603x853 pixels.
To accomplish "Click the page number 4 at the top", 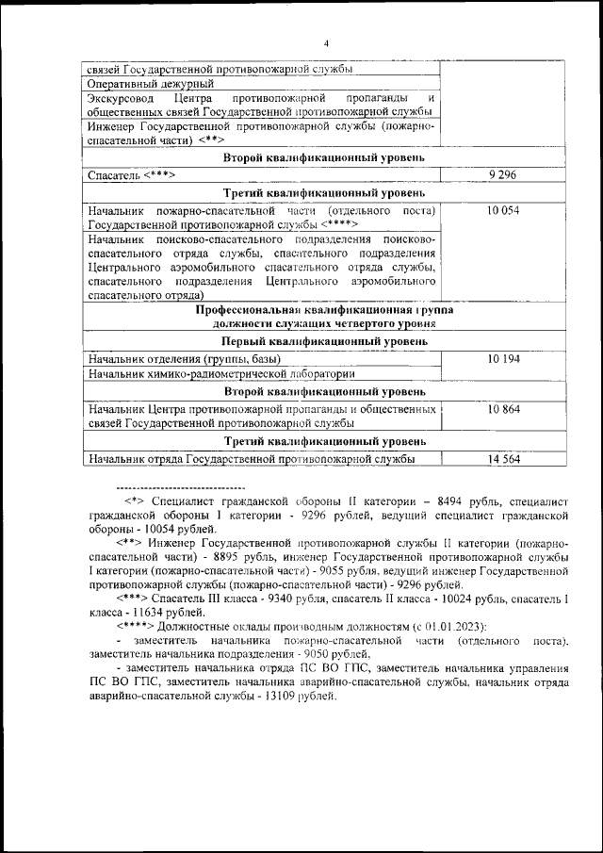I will (x=326, y=43).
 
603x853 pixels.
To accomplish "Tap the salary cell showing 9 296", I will (x=504, y=175).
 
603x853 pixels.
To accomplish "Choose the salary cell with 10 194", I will (x=504, y=359).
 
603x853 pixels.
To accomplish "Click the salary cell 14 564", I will (x=504, y=459).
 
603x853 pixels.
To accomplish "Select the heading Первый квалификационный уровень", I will (x=326, y=341).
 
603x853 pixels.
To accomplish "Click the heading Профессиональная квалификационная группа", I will (x=326, y=309).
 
